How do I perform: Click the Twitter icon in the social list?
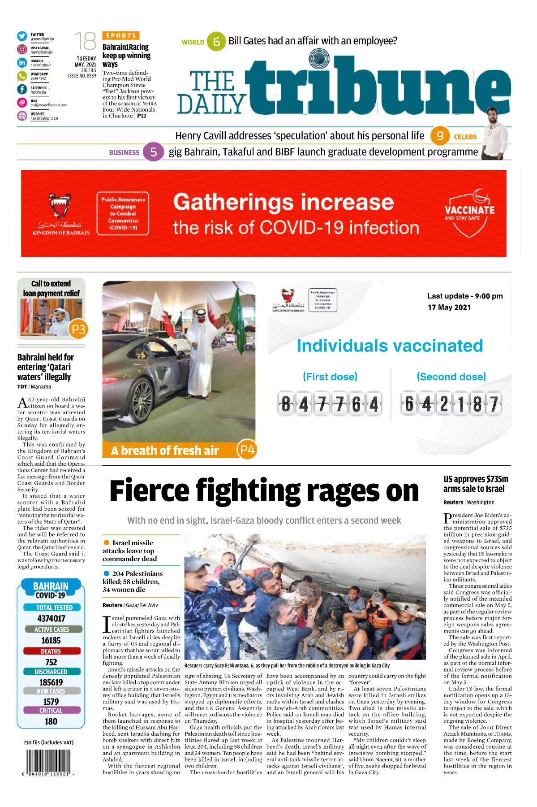coord(22,36)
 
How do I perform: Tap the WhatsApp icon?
coord(22,76)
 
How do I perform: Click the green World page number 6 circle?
coord(216,42)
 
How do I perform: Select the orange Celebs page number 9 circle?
coord(440,136)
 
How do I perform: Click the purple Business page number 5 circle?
coord(153,152)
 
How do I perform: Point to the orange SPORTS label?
coord(121,35)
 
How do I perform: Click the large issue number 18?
coord(85,42)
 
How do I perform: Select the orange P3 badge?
coord(78,330)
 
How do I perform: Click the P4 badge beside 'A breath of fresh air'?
coord(247,449)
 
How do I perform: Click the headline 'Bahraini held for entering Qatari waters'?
coord(45,367)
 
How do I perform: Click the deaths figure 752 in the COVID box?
coord(51,662)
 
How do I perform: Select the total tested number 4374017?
coord(51,618)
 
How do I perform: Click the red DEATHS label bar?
coord(51,651)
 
